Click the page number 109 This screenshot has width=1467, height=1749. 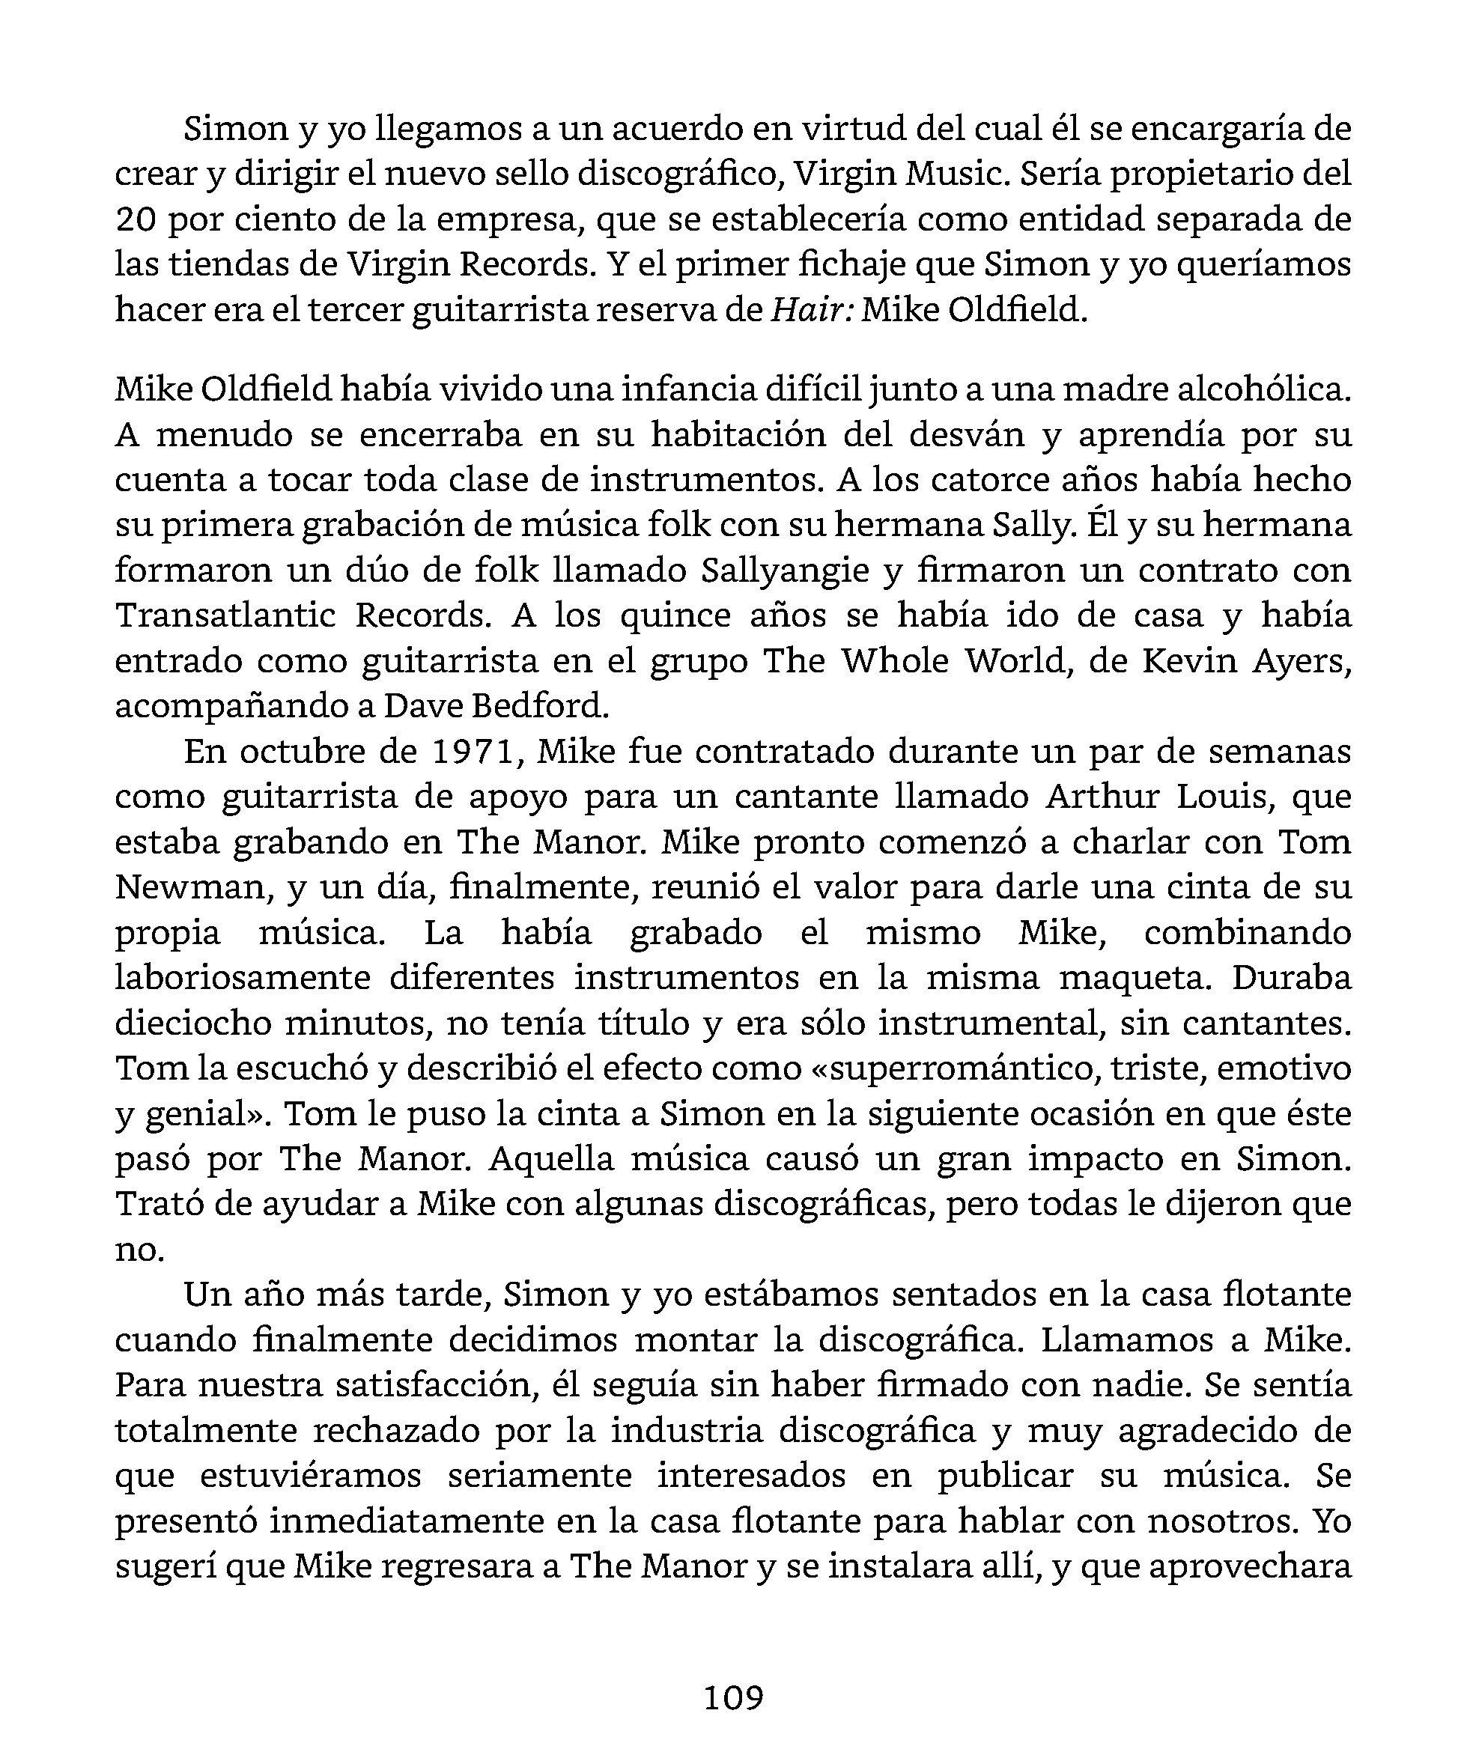click(733, 1697)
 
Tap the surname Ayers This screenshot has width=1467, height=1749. click(1303, 660)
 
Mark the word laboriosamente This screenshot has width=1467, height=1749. click(243, 977)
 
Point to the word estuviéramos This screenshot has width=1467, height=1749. click(311, 1475)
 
